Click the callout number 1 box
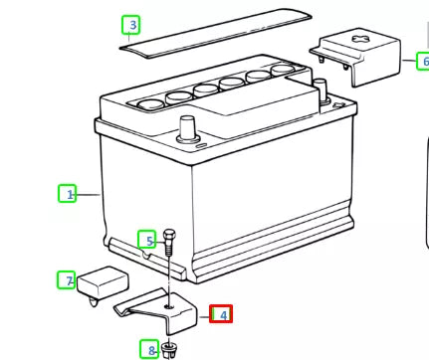(x=69, y=195)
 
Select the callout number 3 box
(x=132, y=23)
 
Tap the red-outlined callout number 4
(x=221, y=315)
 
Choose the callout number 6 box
(x=423, y=61)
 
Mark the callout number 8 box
(x=150, y=349)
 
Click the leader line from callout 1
(x=89, y=195)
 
